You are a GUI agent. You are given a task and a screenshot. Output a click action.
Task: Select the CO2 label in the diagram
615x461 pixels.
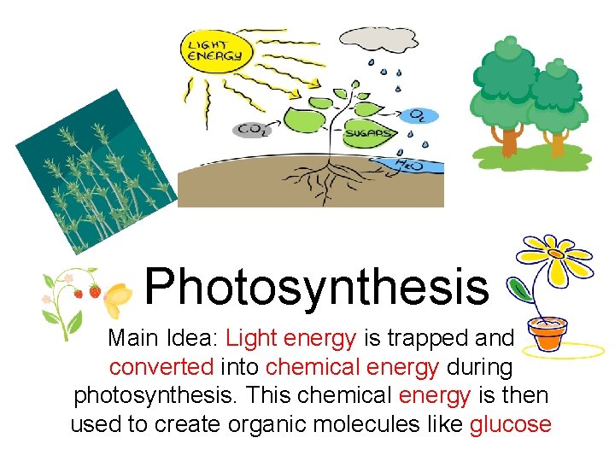(254, 130)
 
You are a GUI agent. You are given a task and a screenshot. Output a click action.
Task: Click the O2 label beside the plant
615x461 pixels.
(419, 113)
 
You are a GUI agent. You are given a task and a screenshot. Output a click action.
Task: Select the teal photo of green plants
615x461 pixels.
(93, 171)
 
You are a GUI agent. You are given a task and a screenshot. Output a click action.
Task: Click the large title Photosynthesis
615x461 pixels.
(317, 286)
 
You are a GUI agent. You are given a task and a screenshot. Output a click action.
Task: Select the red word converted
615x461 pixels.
(163, 368)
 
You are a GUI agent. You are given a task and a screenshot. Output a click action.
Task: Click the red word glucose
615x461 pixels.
(510, 424)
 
